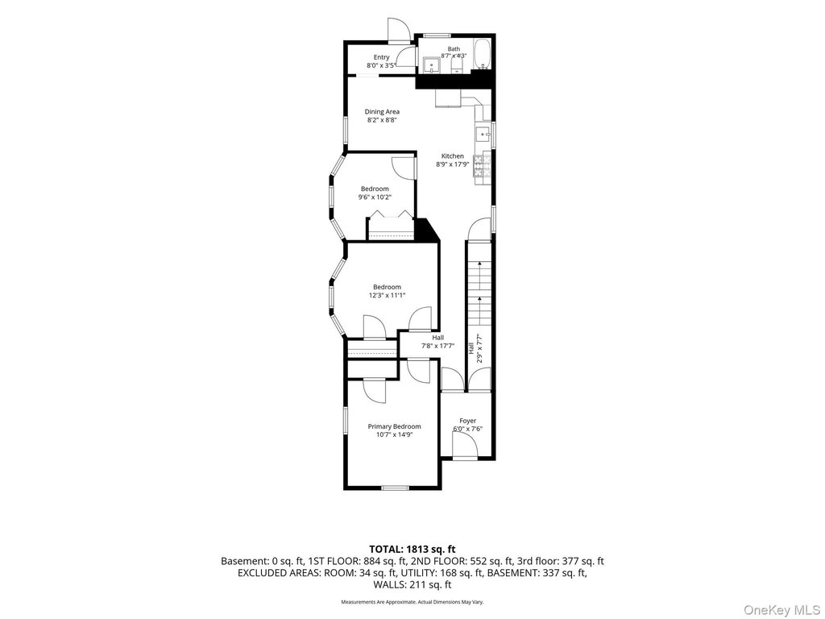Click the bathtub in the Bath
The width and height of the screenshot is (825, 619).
coord(483,54)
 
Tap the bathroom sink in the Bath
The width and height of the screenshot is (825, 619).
coord(432,64)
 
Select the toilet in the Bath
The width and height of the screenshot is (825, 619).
coord(457,65)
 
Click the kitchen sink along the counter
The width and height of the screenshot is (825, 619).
coord(482,135)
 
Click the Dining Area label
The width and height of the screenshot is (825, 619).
coord(382,111)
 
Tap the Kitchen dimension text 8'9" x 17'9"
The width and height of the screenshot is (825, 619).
coord(452,164)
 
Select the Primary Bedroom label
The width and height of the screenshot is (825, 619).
coord(394,426)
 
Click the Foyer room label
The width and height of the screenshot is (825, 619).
coord(468,421)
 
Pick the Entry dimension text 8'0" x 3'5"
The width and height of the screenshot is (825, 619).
coord(381,66)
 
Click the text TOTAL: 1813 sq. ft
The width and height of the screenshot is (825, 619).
coord(412,550)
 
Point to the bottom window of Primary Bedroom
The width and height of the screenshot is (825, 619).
coord(396,488)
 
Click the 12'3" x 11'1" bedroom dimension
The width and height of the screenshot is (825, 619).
coord(387,295)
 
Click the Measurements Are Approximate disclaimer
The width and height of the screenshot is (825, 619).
coord(412,601)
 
